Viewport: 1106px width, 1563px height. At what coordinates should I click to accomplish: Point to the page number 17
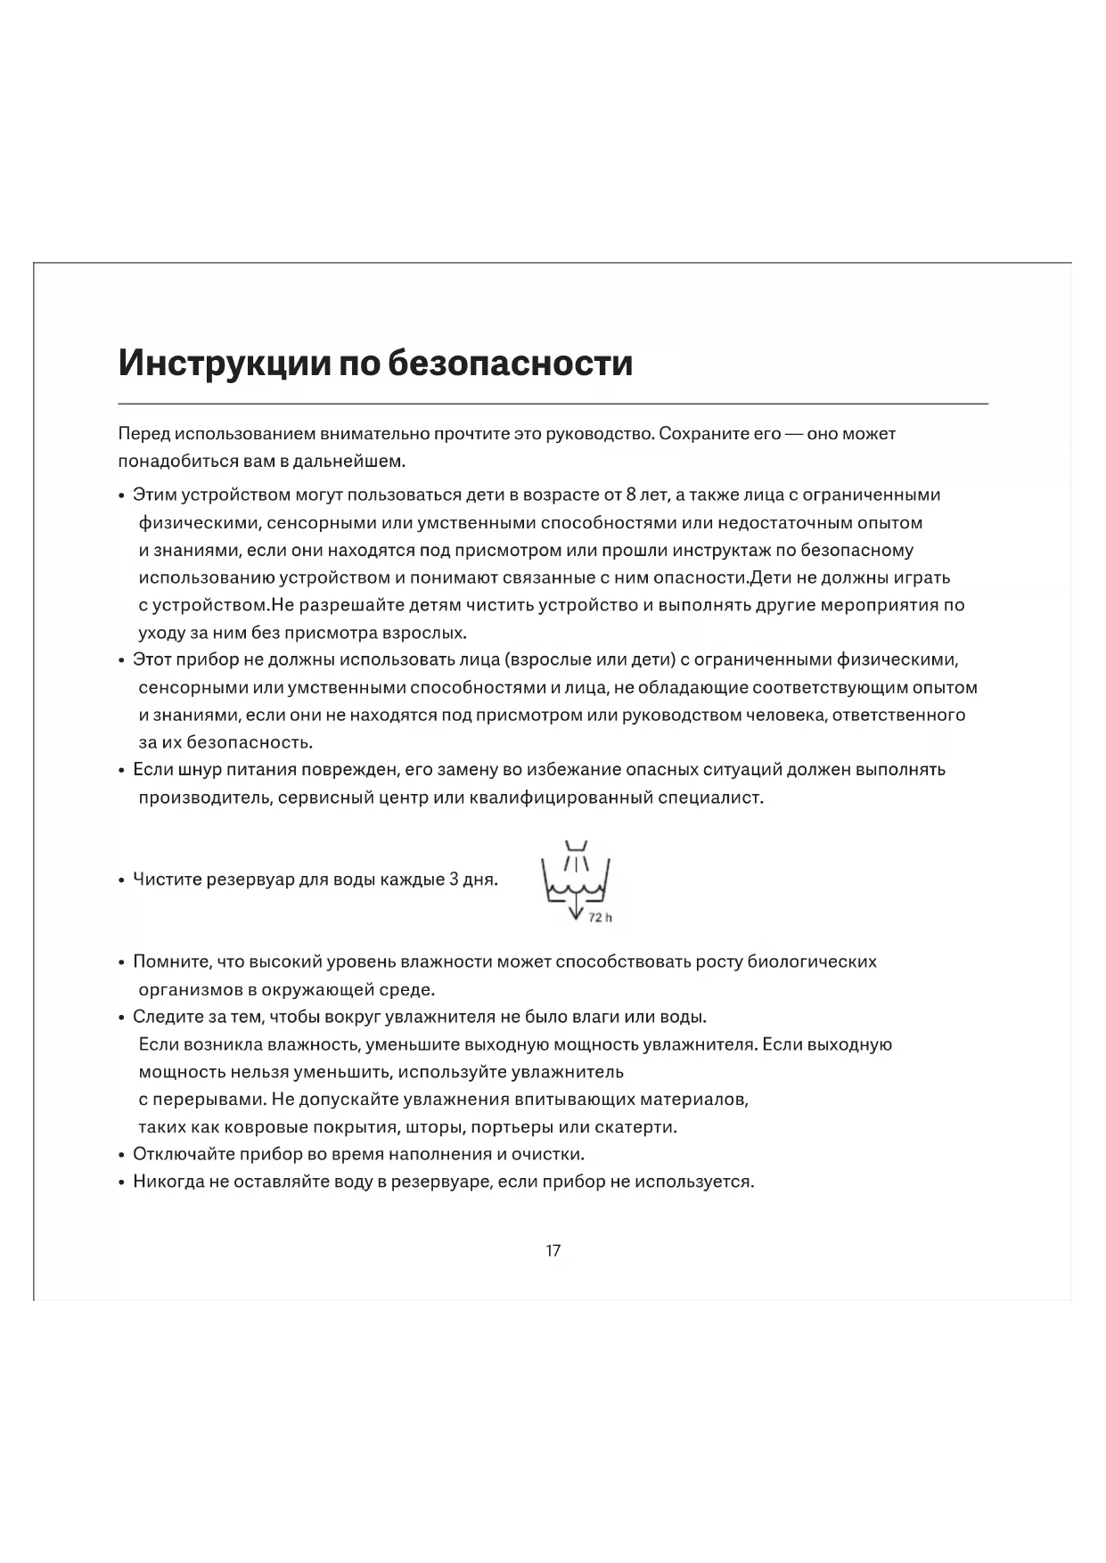point(553,1250)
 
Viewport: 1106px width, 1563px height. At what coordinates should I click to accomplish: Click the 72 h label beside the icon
point(601,918)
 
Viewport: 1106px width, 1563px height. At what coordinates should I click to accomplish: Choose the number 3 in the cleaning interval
point(454,880)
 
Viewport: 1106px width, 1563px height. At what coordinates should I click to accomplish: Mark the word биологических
point(811,962)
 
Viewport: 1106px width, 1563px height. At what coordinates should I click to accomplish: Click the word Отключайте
point(183,1154)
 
